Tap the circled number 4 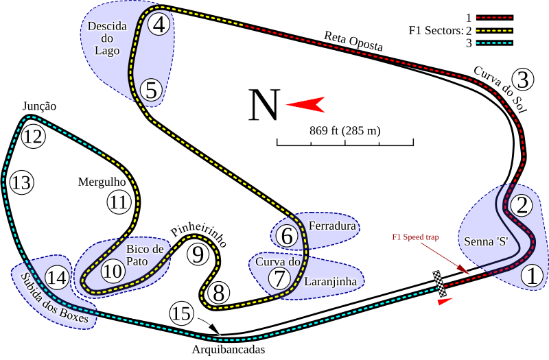coord(159,25)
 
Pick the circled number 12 coord(32,136)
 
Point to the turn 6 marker coord(287,236)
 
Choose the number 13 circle coord(21,183)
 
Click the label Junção coord(39,106)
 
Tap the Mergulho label coord(102,182)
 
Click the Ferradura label coord(332,225)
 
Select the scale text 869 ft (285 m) coord(345,130)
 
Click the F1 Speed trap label coord(415,237)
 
